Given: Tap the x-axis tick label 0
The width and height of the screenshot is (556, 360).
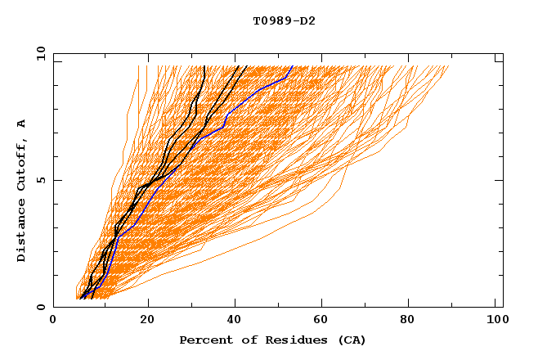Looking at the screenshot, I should click(x=53, y=321).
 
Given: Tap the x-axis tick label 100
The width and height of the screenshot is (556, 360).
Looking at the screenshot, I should click(x=495, y=321).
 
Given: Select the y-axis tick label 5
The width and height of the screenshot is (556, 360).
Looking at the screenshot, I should click(x=40, y=180).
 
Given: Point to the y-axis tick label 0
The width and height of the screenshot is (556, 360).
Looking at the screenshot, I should click(x=40, y=307).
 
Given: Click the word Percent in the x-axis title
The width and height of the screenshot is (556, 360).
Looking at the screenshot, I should click(x=204, y=340).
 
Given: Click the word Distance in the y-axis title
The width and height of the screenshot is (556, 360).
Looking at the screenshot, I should click(x=21, y=234).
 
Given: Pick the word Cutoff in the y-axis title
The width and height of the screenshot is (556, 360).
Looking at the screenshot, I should click(x=21, y=163).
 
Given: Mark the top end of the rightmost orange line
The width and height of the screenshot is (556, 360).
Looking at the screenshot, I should click(x=449, y=65).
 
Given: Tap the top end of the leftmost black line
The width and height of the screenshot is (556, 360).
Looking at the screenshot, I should click(x=204, y=65).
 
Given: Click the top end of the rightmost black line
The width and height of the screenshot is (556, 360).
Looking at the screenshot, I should click(x=247, y=65).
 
